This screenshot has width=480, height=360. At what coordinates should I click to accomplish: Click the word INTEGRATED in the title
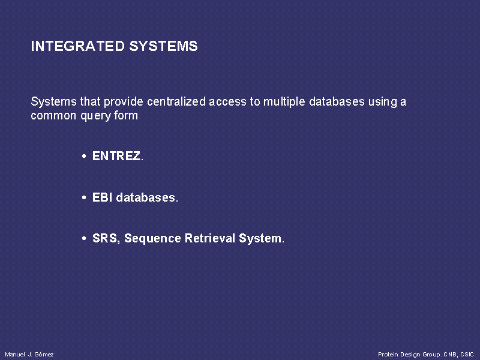(78, 46)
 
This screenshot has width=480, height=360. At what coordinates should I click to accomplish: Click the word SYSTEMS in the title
(163, 46)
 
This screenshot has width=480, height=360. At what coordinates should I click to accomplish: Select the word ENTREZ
(116, 156)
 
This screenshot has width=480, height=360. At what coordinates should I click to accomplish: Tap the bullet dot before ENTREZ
(84, 157)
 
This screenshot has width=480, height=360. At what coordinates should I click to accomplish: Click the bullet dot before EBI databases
(84, 197)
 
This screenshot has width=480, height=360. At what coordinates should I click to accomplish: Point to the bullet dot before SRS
(84, 238)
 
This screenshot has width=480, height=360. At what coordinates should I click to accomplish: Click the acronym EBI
(102, 197)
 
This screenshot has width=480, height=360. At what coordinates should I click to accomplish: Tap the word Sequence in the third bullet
(152, 239)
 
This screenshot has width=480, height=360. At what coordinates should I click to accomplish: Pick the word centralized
(176, 101)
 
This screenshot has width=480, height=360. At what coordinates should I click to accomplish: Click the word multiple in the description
(284, 102)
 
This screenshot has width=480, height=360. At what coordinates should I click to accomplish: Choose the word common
(53, 116)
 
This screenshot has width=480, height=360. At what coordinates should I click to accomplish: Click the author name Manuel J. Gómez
(29, 354)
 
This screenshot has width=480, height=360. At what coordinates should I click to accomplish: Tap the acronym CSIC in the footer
(467, 354)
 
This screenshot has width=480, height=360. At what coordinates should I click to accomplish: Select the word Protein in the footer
(388, 354)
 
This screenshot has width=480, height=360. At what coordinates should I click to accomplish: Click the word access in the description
(227, 102)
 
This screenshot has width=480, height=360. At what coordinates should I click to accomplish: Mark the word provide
(124, 102)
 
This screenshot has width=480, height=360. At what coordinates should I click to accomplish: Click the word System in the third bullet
(260, 239)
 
